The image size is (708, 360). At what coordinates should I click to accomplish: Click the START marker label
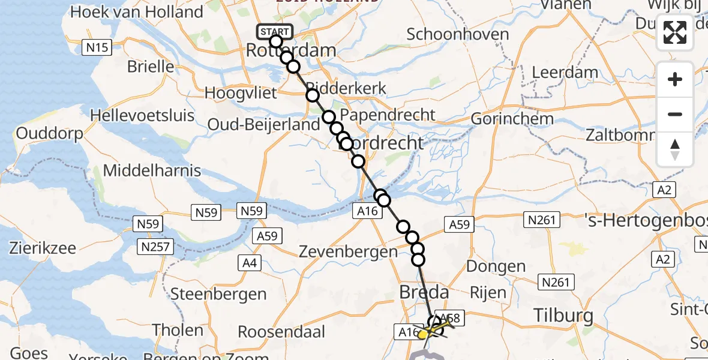(275, 31)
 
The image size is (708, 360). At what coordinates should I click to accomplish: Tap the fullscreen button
(675, 32)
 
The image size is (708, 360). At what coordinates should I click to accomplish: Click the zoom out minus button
(675, 114)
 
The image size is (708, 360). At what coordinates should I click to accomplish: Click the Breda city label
(423, 293)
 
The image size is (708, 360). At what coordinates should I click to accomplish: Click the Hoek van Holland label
(137, 11)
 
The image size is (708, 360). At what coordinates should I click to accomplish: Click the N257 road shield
(155, 246)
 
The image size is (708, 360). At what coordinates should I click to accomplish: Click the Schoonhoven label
(458, 34)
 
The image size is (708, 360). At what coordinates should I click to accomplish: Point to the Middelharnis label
(152, 170)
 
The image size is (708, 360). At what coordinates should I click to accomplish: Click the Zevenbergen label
(348, 253)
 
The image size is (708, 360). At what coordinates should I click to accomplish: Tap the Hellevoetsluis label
(142, 114)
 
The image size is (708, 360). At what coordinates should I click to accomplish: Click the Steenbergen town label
(218, 294)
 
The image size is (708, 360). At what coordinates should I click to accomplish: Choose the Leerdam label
(565, 73)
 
